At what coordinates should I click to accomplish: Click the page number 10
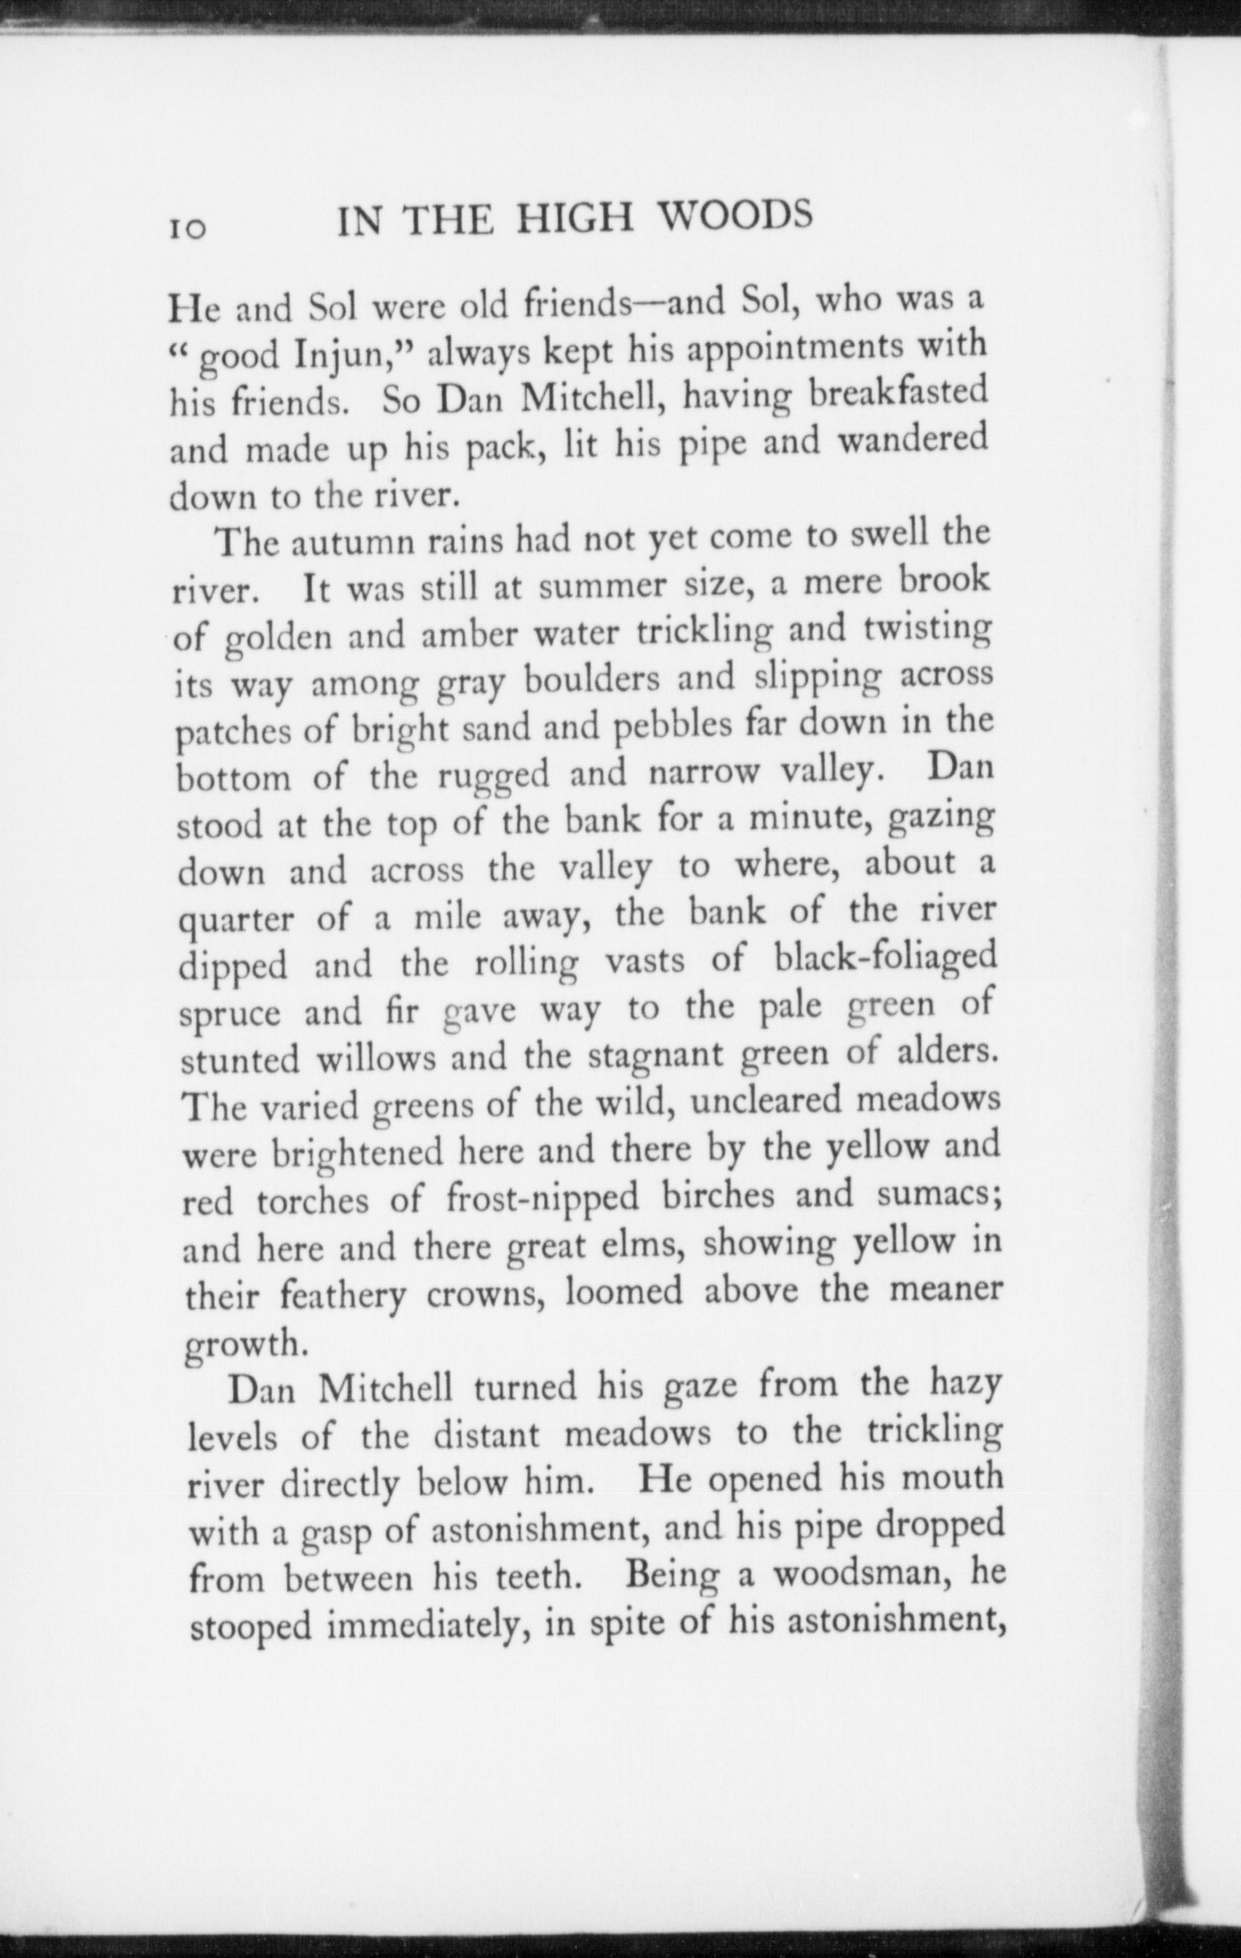(x=189, y=228)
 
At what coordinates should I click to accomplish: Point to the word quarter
(x=237, y=922)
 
